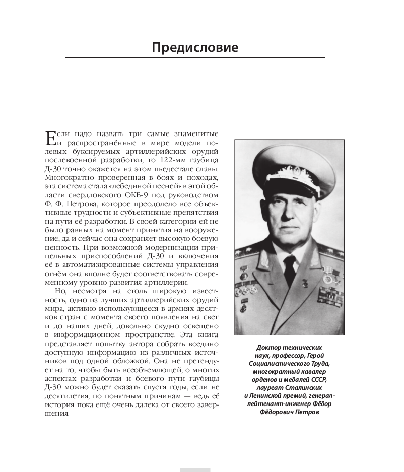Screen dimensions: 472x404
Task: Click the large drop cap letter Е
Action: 50,138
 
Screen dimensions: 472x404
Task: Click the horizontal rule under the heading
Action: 195,58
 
